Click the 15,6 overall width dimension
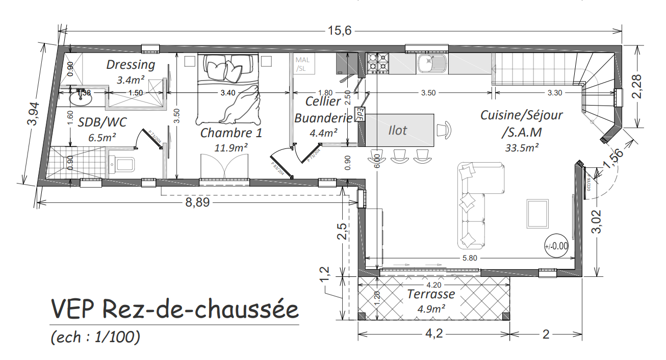click(340, 31)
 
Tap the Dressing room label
click(131, 65)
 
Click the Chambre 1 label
click(231, 133)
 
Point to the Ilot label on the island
click(398, 131)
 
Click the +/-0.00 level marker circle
click(556, 246)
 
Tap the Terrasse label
click(431, 294)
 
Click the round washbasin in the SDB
click(81, 98)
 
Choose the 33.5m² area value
click(522, 148)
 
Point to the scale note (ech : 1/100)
click(95, 337)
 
